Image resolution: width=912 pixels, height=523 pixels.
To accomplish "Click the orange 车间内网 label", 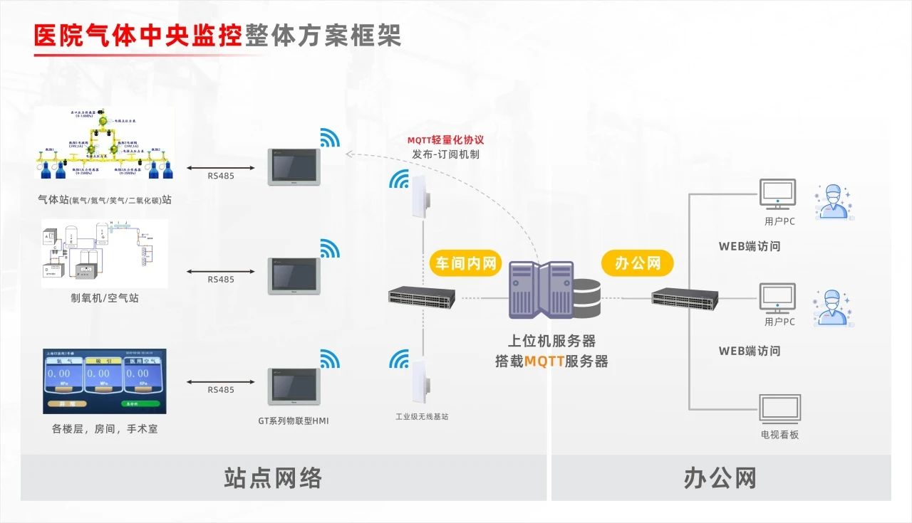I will pos(465,263).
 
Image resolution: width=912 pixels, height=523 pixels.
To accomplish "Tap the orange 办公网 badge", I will pos(638,263).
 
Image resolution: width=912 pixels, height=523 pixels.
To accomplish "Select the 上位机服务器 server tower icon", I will pos(541,290).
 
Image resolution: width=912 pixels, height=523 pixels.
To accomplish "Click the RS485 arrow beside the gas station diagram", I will pos(220,168).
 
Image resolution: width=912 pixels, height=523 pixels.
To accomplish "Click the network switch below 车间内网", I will pos(421,297).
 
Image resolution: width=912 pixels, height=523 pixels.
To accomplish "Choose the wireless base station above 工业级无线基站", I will pos(419,376).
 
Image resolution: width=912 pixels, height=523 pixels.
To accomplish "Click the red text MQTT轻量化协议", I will pos(446,140).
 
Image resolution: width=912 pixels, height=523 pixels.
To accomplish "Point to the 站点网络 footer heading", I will pos(274,478).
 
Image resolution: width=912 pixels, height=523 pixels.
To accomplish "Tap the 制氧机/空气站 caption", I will pos(105,298).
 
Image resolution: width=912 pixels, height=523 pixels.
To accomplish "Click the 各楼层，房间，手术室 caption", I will pos(105,429).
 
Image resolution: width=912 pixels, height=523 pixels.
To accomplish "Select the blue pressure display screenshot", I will pos(105,381).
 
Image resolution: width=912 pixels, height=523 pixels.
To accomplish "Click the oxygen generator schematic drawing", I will pos(105,254).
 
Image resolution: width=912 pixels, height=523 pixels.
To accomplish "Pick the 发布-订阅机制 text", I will pos(446,154).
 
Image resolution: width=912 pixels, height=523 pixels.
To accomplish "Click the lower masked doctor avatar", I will pos(834,307).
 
